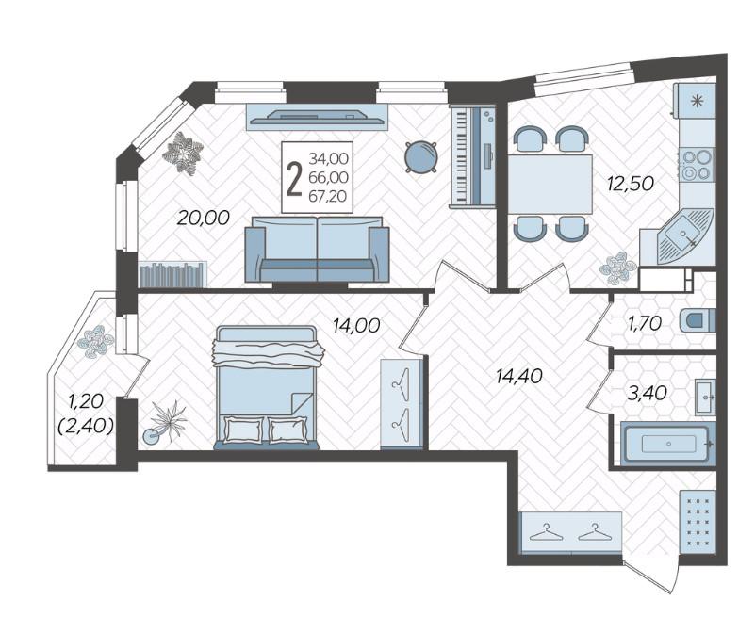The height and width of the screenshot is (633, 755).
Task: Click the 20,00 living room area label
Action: pyautogui.click(x=204, y=218)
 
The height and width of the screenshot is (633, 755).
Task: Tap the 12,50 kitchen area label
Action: pyautogui.click(x=630, y=184)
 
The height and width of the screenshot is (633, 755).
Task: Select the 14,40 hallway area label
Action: pyautogui.click(x=519, y=376)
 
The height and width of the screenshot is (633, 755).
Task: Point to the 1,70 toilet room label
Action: pyautogui.click(x=645, y=323)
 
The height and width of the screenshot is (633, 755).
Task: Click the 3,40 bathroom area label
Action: pyautogui.click(x=647, y=393)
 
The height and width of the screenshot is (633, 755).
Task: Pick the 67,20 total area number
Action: pyautogui.click(x=328, y=196)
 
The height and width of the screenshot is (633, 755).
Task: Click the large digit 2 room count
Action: pyautogui.click(x=294, y=179)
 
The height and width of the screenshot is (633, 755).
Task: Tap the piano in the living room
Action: pyautogui.click(x=472, y=156)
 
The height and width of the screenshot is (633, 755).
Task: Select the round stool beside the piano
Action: pyautogui.click(x=421, y=156)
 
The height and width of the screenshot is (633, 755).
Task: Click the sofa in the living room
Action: pyautogui.click(x=317, y=249)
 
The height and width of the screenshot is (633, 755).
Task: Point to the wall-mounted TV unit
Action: pyautogui.click(x=317, y=116)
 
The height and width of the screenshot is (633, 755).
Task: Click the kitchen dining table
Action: pyautogui.click(x=550, y=184)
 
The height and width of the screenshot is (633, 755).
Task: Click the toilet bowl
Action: pyautogui.click(x=698, y=320)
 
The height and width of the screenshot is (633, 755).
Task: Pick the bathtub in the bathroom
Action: pyautogui.click(x=668, y=444)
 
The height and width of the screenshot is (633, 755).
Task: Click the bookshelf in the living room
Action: pyautogui.click(x=173, y=274)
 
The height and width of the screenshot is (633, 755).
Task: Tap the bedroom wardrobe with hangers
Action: pyautogui.click(x=402, y=404)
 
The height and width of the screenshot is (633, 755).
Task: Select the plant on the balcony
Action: pyautogui.click(x=96, y=341)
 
